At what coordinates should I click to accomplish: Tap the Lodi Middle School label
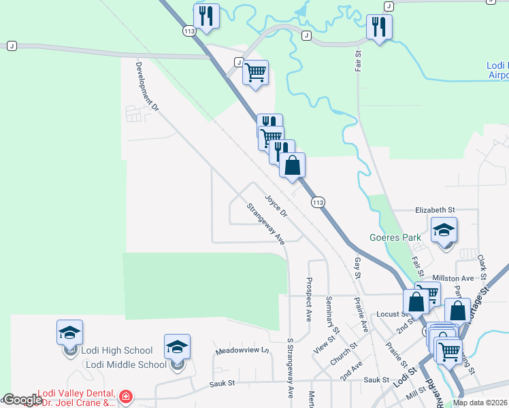(126, 364)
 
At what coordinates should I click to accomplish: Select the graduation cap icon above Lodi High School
(70, 333)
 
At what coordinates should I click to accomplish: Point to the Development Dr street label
(146, 87)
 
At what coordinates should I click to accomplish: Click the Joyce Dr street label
(277, 207)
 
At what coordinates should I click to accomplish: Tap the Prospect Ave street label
(309, 299)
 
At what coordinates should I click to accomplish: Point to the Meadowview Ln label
(243, 351)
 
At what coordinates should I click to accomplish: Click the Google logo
(22, 400)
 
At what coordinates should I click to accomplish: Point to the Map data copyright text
(480, 403)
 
